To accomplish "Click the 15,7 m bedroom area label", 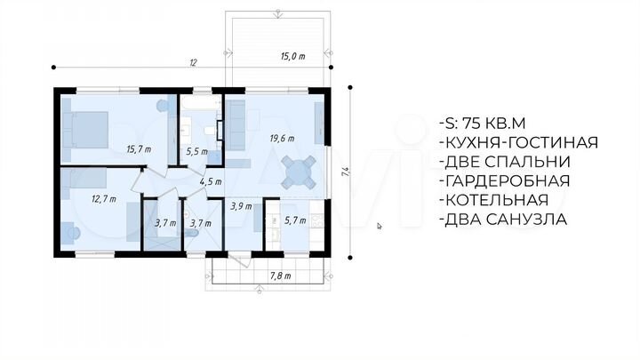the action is coord(139,149).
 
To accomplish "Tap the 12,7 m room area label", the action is coord(104,199).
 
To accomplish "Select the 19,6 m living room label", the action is coord(282,139).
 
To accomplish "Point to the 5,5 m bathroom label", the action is coord(196,152).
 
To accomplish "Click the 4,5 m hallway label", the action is coord(211,181).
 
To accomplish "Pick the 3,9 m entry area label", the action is coord(241,206).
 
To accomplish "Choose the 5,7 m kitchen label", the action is coord(295,220).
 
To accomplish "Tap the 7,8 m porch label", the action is coord(280,276).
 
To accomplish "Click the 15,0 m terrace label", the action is coord(292,56).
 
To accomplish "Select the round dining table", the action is coord(299,172).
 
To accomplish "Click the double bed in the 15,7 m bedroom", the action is coord(85,130).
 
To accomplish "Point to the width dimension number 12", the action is coord(193,62).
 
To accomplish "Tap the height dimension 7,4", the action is coord(346,172).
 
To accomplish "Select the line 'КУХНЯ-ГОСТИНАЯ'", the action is coord(519,142).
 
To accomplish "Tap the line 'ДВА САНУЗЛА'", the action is coord(503,220).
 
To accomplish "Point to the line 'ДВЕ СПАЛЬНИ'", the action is coord(505,162).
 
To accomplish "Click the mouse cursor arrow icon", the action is coord(380,226).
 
